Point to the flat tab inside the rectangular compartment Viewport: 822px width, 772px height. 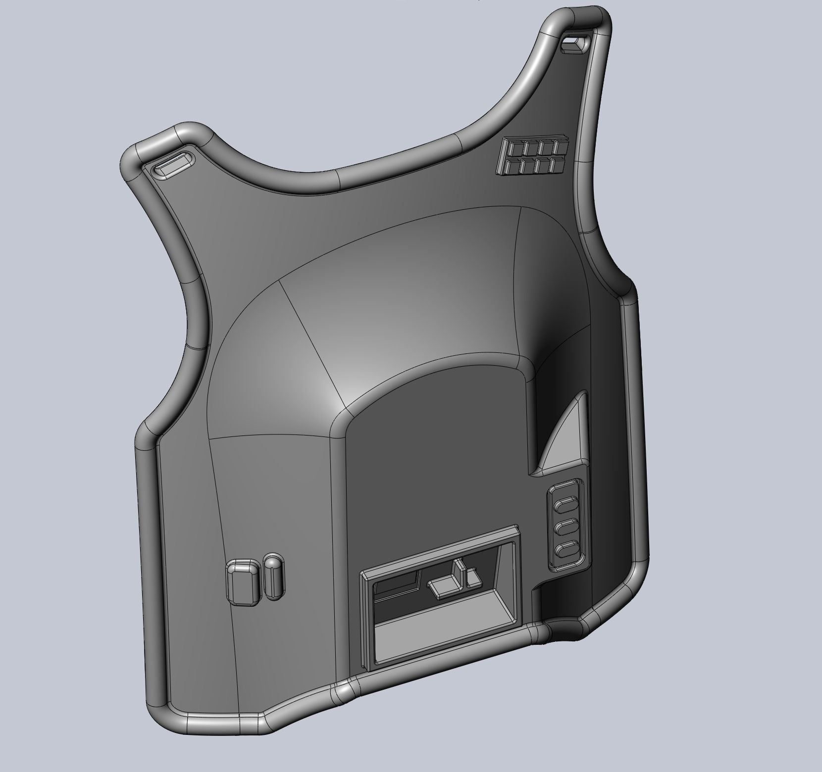coord(443,586)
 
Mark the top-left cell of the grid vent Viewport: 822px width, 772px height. coord(515,149)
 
